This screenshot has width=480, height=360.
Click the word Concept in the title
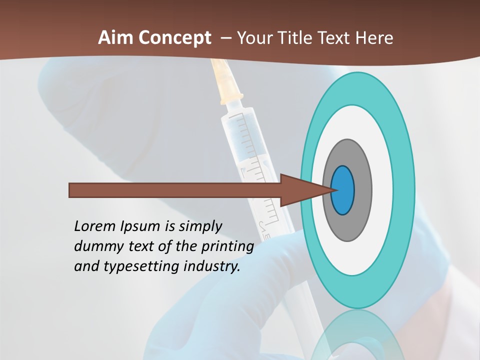pos(175,38)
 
